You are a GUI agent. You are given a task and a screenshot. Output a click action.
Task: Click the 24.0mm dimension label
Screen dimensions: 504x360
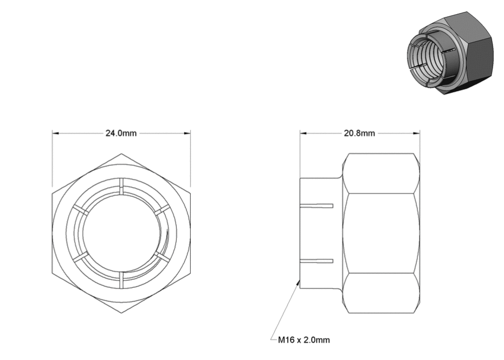pyautogui.click(x=121, y=133)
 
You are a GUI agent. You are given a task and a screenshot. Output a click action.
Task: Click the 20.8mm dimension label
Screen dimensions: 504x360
pyautogui.click(x=359, y=133)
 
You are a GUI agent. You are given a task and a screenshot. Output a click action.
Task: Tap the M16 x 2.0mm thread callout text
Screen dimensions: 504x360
pyautogui.click(x=303, y=340)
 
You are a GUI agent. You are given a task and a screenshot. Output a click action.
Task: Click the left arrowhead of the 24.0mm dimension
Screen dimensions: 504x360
pyautogui.click(x=56, y=133)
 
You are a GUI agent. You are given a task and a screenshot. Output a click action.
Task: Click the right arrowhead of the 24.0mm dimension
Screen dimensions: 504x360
pyautogui.click(x=187, y=133)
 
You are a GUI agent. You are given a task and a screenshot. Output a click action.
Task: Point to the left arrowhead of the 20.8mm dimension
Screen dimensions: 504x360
pyautogui.click(x=303, y=133)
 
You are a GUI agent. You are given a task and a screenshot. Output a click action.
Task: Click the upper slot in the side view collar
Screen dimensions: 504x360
pyautogui.click(x=316, y=205)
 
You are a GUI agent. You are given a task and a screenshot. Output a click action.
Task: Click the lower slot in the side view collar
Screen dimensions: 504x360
pyautogui.click(x=316, y=261)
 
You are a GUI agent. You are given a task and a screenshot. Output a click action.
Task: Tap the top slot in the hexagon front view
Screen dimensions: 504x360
pyautogui.click(x=121, y=186)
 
